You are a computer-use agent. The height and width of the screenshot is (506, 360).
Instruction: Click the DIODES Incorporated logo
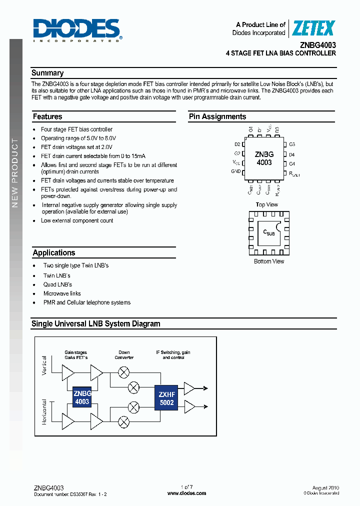tap(77, 30)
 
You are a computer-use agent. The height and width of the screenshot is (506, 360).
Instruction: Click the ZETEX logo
tap(313, 28)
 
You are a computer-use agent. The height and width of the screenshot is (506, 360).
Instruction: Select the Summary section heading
tap(47, 73)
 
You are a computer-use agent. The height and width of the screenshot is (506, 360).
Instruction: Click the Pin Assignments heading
tap(217, 117)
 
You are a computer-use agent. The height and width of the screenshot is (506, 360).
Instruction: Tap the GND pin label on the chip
tap(236, 171)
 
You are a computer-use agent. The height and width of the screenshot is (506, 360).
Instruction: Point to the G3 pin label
tap(292, 144)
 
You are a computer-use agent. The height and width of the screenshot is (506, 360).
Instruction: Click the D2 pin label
tap(237, 144)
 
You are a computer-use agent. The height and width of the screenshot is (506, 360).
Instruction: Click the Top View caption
tap(266, 204)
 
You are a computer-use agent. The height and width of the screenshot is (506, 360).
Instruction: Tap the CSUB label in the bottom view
tap(268, 232)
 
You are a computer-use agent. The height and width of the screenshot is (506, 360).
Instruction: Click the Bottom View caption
tap(269, 261)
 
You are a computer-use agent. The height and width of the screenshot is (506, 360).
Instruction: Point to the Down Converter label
tap(124, 355)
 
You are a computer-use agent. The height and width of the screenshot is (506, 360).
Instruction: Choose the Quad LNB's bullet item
tap(58, 284)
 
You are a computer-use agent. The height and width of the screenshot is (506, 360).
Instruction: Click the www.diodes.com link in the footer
tap(186, 493)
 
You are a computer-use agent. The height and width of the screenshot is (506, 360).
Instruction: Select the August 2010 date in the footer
tap(325, 487)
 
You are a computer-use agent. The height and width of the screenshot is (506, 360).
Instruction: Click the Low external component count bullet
tap(77, 220)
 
